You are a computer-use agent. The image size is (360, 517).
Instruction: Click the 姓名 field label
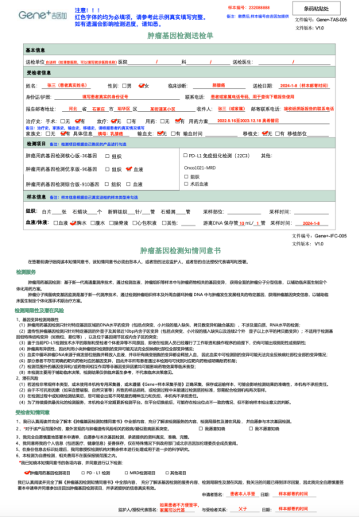tap(33, 85)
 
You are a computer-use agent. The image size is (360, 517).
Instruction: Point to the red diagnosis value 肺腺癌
tap(197, 85)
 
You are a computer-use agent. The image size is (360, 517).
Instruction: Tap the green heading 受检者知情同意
tap(45, 412)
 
